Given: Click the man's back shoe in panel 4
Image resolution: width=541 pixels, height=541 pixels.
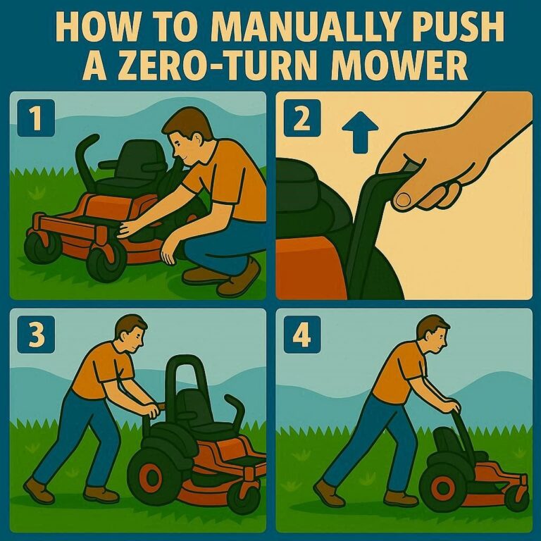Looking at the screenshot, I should pyautogui.click(x=328, y=492).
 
